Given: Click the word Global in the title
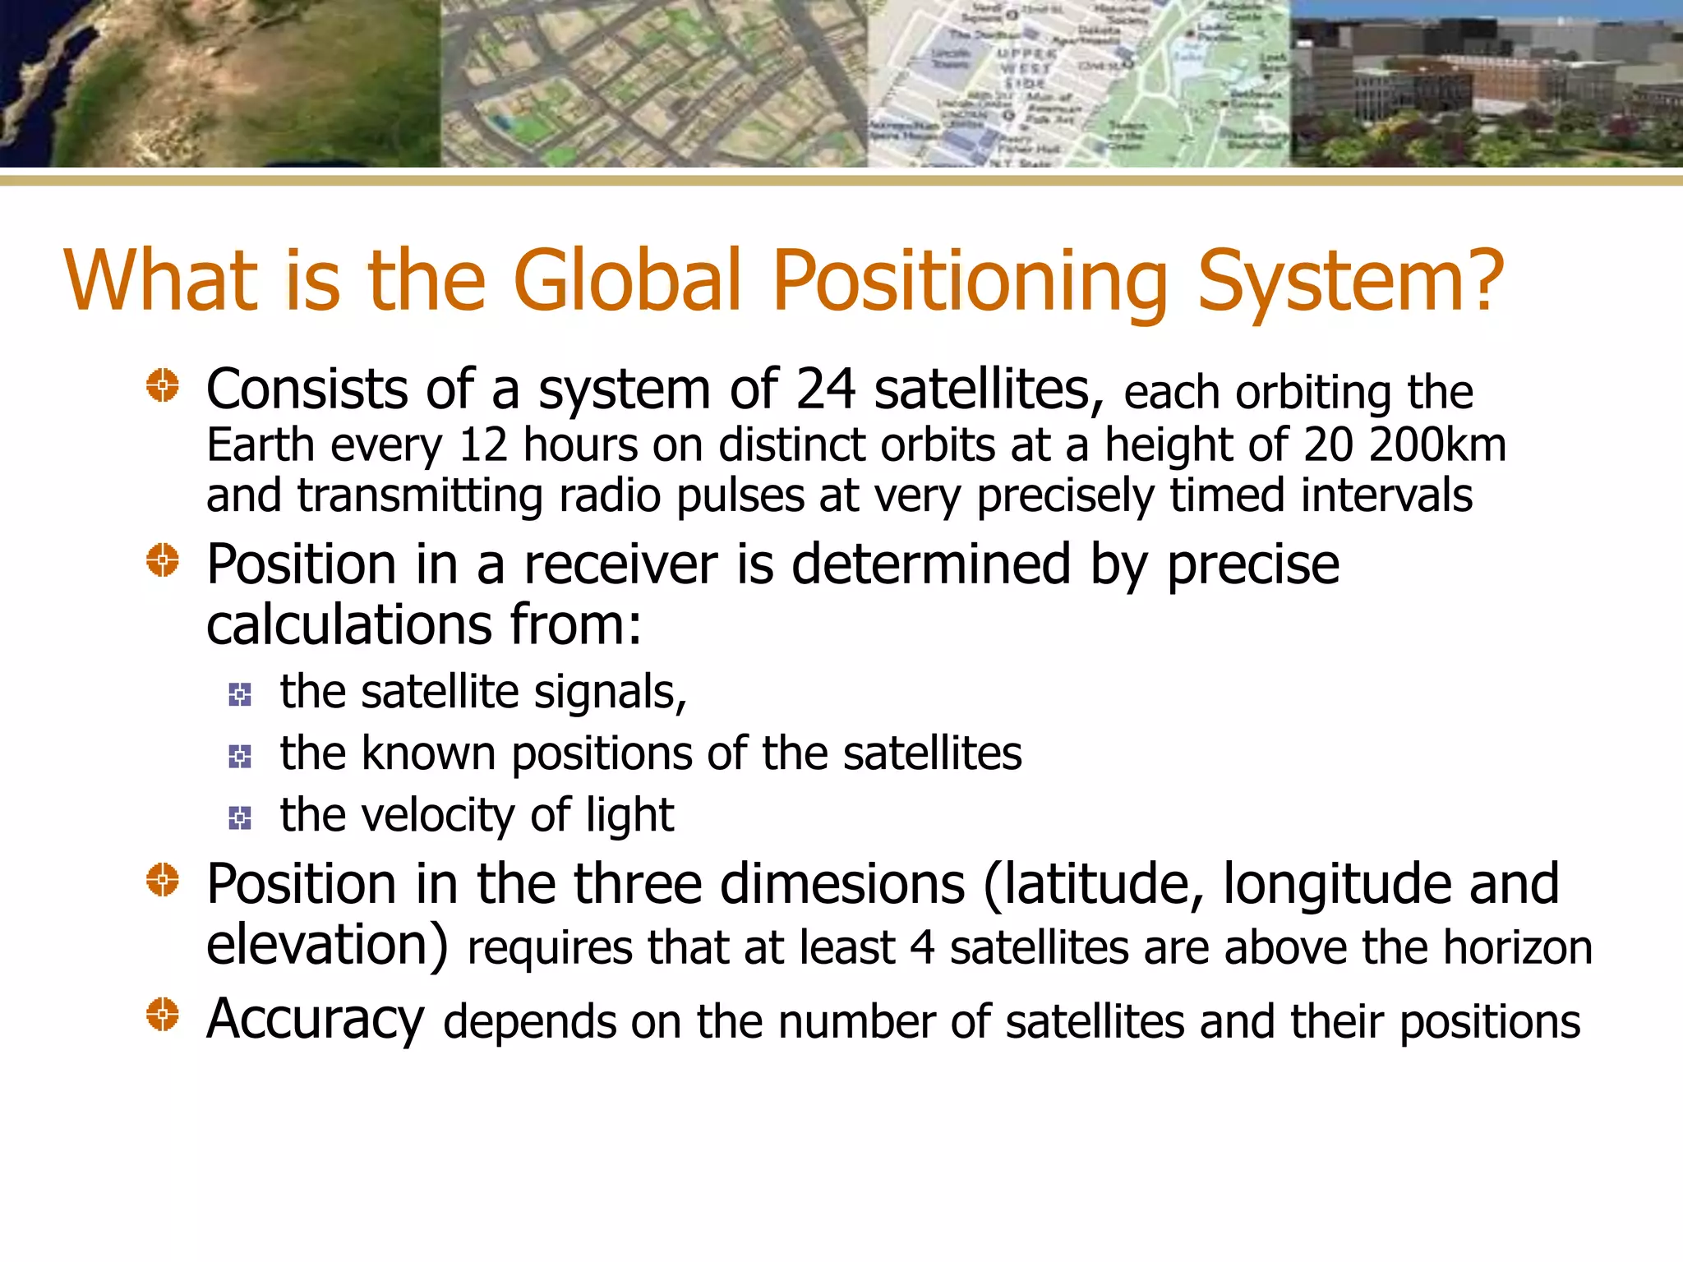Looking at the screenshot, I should (x=628, y=281).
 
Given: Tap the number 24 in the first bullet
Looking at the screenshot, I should (x=825, y=389).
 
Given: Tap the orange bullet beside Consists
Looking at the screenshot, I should (x=163, y=385).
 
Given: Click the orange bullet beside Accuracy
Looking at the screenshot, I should (x=163, y=1014).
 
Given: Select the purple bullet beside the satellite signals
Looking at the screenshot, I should (x=240, y=695).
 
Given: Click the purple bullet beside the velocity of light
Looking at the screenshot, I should (x=240, y=818).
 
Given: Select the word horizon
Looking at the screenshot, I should (x=1518, y=948).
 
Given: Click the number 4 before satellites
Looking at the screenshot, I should (x=922, y=948).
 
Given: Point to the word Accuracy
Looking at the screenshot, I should (x=315, y=1020).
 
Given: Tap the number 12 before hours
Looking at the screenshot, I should (x=483, y=445).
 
